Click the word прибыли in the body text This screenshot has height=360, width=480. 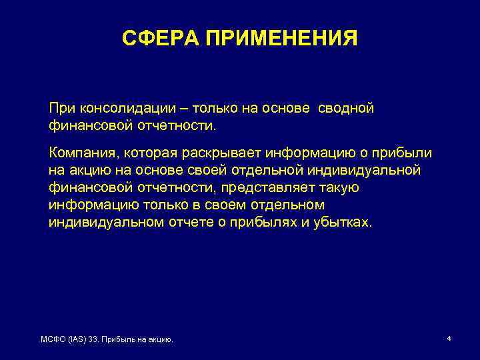(405, 154)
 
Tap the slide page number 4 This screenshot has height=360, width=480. (449, 339)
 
